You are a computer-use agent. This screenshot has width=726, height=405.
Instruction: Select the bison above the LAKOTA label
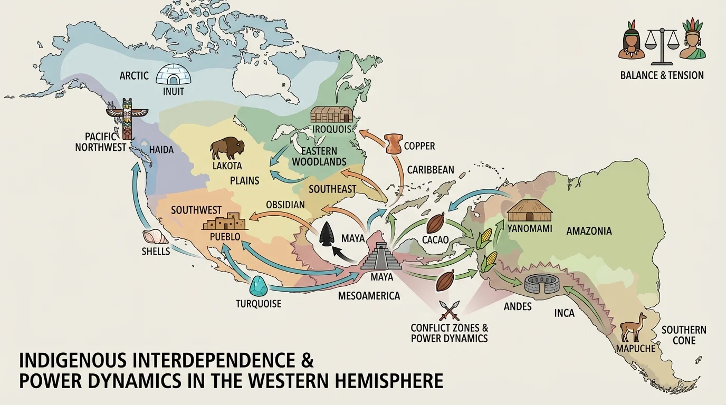pos(227,148)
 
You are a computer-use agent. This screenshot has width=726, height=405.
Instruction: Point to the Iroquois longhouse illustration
pos(330,115)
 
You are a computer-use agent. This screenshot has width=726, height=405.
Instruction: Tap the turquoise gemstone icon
pos(258,286)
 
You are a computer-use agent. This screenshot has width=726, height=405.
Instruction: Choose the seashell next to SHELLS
pos(151,238)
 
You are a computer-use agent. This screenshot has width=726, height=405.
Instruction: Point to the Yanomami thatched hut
pos(529,211)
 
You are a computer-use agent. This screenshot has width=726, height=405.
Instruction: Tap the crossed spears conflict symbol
pos(450,310)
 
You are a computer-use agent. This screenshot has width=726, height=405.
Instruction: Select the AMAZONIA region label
pos(589,231)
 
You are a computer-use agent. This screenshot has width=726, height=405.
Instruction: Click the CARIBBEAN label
pos(430,170)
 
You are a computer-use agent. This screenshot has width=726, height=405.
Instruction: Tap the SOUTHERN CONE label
pos(683,335)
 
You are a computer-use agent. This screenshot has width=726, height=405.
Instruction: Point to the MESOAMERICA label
pos(369,296)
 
